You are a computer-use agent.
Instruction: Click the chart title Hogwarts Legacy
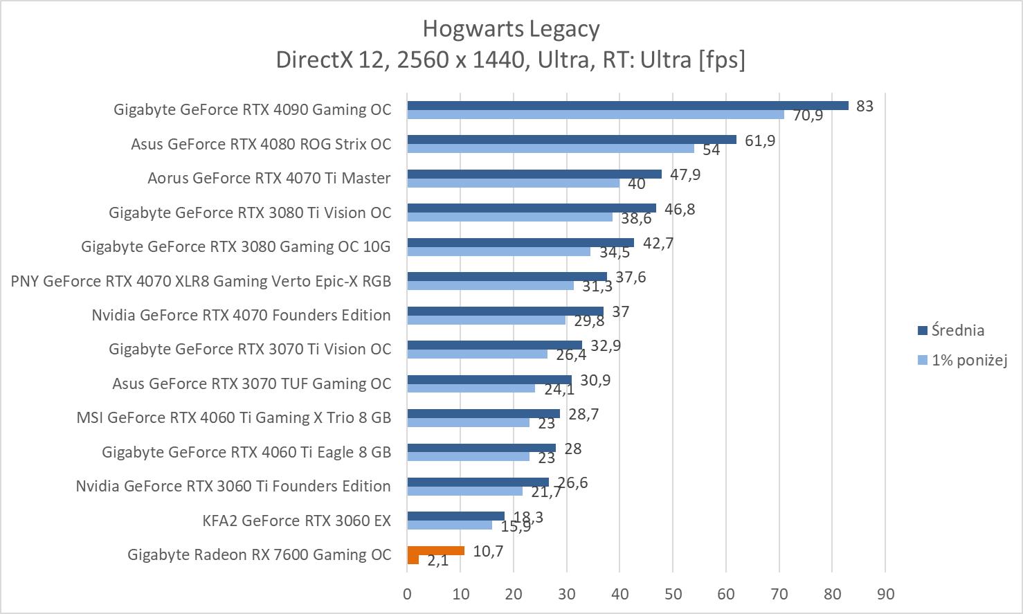[511, 29]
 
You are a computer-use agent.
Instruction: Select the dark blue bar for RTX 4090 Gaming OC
[627, 105]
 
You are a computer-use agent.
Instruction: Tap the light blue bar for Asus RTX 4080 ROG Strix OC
[550, 148]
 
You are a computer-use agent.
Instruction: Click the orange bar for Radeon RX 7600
[435, 551]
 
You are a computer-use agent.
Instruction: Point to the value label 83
[864, 106]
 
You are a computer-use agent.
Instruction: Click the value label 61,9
[760, 141]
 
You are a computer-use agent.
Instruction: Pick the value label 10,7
[488, 551]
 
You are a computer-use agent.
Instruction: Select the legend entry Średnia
[957, 330]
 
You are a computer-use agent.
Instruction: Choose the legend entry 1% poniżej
[968, 360]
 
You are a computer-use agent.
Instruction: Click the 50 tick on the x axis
[673, 594]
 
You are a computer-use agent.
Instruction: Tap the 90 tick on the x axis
[885, 594]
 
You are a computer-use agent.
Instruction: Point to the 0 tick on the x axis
[407, 594]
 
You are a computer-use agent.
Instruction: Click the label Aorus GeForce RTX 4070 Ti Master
[269, 178]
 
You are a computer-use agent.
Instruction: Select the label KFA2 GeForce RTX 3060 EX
[296, 521]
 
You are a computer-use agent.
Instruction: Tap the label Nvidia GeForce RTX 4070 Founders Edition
[241, 315]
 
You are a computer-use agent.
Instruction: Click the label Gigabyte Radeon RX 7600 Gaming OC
[259, 554]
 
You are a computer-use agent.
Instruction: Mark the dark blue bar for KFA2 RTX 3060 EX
[455, 516]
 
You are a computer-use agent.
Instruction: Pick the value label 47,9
[685, 174]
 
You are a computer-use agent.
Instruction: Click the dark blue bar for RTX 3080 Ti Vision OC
[531, 208]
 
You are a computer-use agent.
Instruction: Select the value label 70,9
[808, 116]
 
